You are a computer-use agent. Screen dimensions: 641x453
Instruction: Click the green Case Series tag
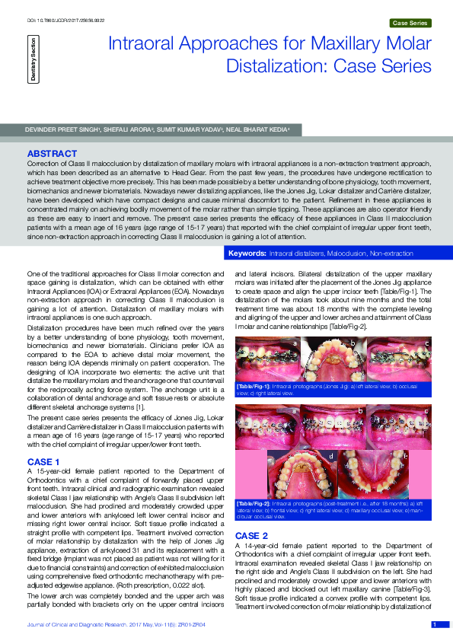410,24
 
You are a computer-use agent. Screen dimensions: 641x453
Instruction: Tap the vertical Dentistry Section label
33,58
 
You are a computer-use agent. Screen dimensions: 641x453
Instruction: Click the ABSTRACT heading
52,153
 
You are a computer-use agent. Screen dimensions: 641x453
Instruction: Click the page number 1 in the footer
434,625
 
